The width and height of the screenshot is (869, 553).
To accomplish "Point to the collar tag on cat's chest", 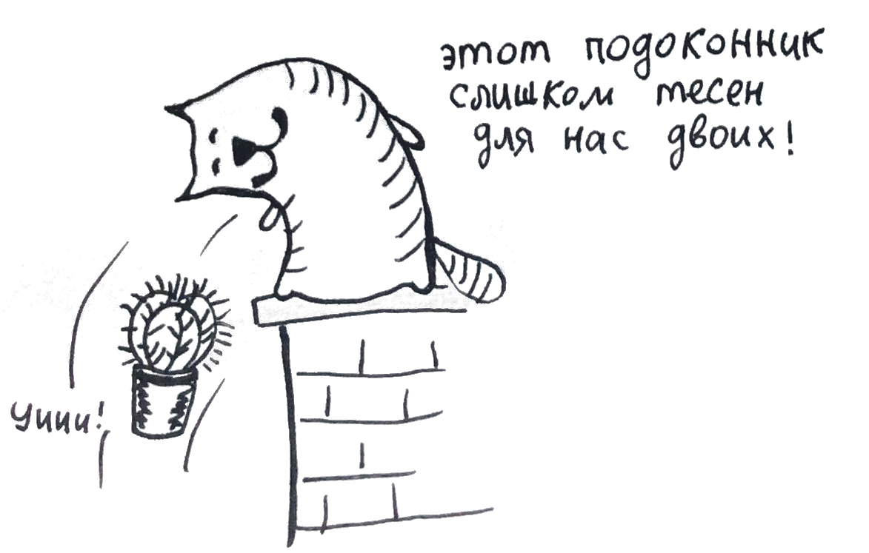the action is pos(271,214).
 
